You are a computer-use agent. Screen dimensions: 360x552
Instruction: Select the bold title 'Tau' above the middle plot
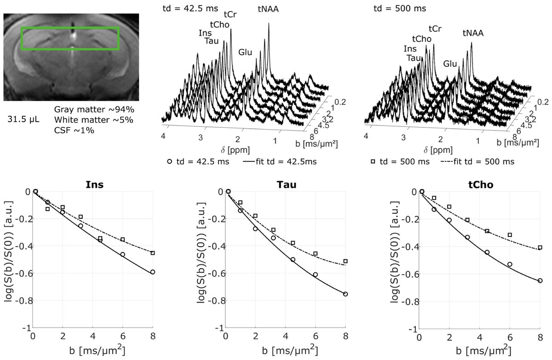286,185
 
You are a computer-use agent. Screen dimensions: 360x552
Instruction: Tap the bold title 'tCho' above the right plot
479,185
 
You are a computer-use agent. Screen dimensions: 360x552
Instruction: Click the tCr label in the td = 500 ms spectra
435,29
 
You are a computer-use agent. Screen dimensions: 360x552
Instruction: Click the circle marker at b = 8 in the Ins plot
153,272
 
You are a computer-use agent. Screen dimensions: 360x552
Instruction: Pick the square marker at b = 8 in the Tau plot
345,261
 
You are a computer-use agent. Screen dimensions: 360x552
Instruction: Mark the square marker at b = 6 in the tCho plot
510,235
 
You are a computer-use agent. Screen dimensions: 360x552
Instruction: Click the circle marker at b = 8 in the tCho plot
540,280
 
